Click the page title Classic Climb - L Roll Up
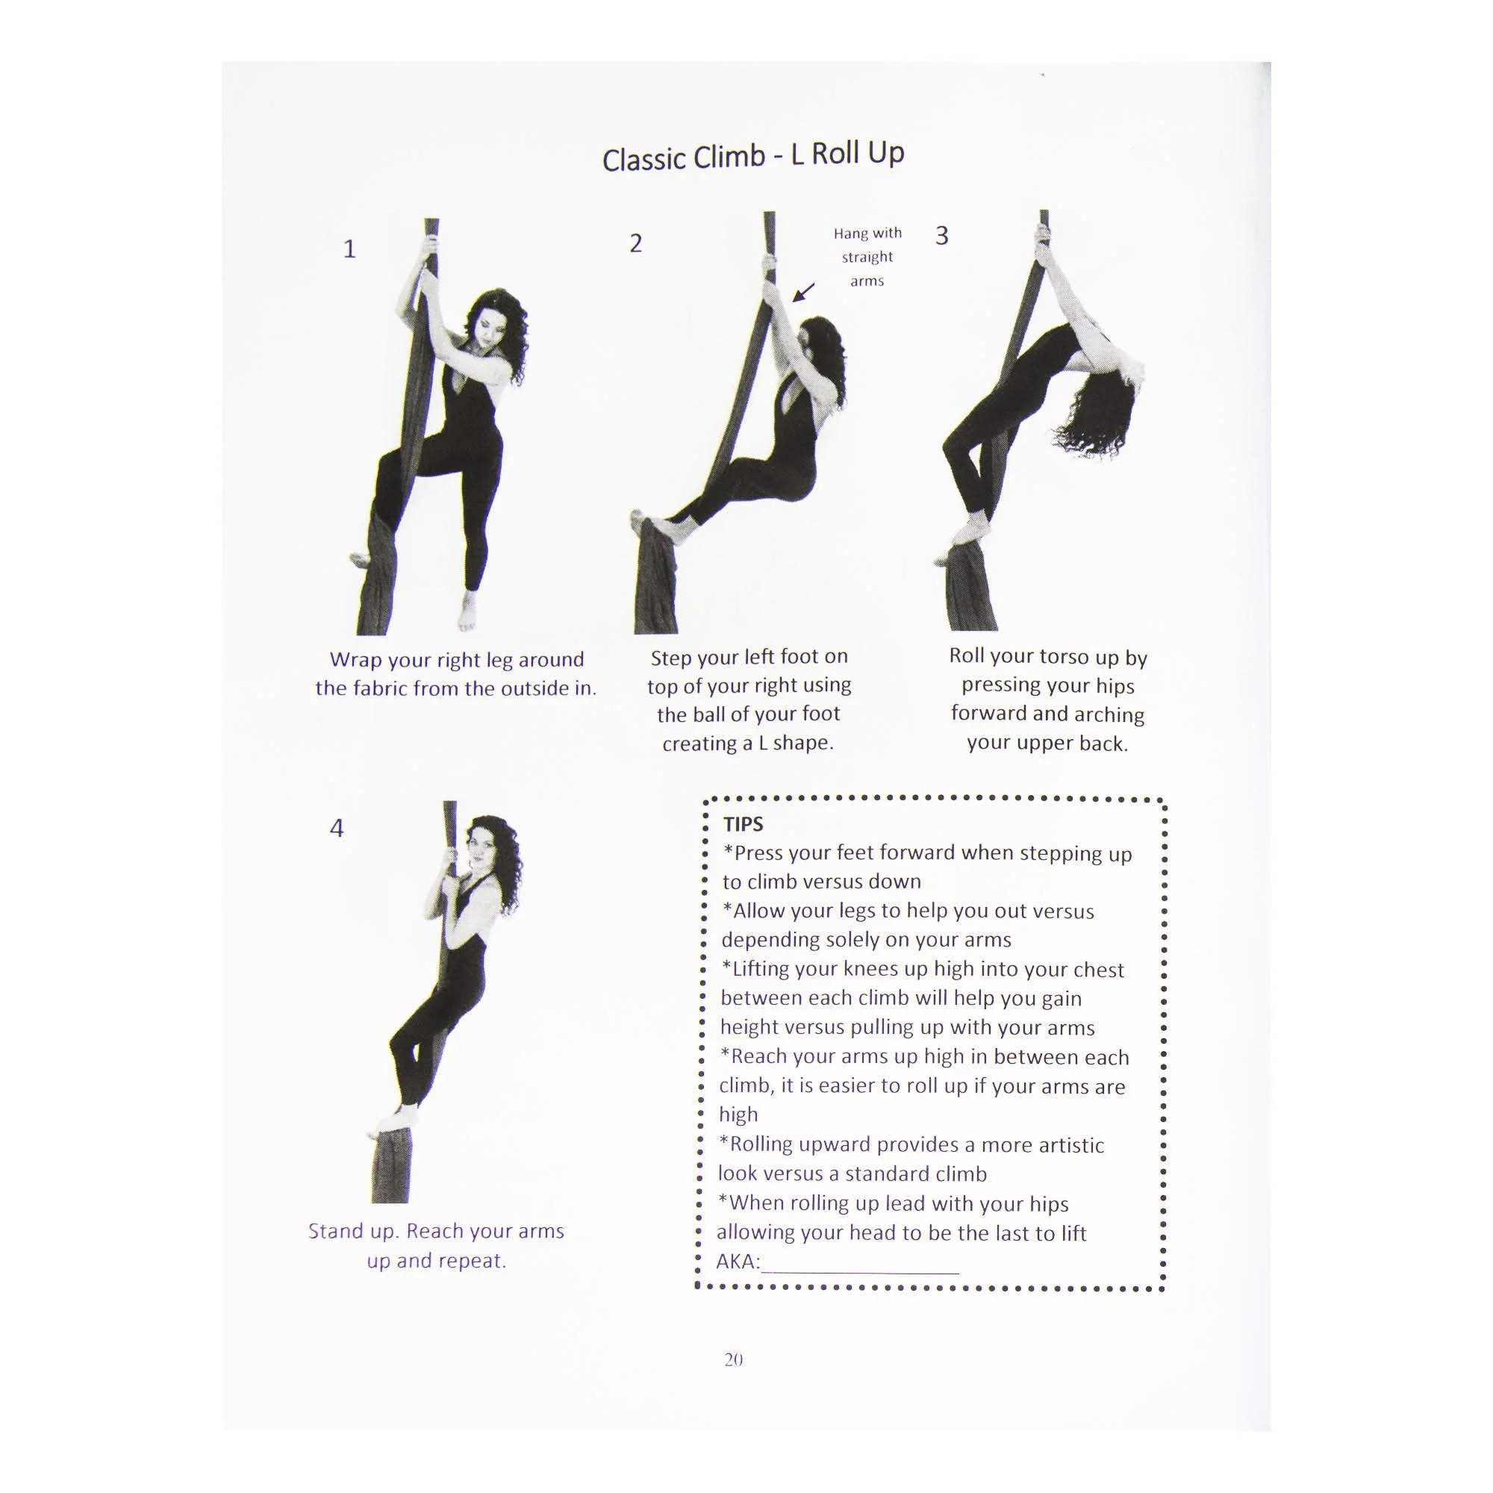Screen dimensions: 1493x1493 click(x=752, y=155)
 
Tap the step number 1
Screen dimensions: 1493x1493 click(x=349, y=249)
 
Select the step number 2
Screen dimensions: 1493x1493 click(x=635, y=243)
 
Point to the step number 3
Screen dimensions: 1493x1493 click(x=941, y=236)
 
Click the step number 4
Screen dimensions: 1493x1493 click(x=336, y=829)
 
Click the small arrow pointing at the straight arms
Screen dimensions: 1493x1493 click(x=804, y=292)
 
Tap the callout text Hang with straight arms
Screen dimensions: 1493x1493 click(x=867, y=257)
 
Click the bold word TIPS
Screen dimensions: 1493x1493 click(x=743, y=824)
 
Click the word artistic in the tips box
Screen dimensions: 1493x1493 click(x=1070, y=1145)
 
